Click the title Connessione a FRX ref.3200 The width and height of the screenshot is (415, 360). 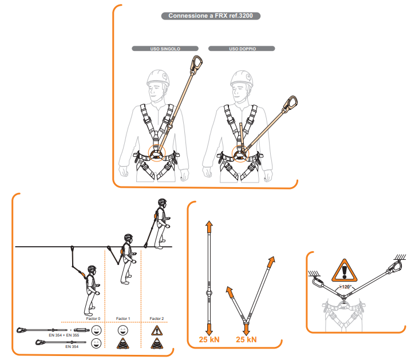point(211,15)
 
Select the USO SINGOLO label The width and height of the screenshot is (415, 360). point(165,49)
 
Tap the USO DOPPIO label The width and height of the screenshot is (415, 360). point(243,49)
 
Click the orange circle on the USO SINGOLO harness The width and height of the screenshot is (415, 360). point(157,153)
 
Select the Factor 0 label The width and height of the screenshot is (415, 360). point(93,318)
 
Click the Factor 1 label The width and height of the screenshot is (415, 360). point(123,318)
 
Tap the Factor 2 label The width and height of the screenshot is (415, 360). point(157,318)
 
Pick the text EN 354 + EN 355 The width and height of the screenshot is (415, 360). point(64,335)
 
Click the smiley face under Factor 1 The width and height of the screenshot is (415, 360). point(123,330)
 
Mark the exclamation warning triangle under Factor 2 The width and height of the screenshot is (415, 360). point(157,331)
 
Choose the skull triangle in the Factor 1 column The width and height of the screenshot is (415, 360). point(123,343)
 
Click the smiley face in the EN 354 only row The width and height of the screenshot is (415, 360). point(96,343)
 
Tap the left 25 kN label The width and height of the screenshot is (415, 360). point(209,339)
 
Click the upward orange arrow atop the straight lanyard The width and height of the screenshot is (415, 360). point(209,227)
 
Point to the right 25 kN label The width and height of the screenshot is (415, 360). point(246,339)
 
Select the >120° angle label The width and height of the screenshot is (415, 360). point(345,287)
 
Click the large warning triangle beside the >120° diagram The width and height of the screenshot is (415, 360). point(345,270)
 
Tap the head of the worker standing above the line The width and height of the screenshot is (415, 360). point(162,203)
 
